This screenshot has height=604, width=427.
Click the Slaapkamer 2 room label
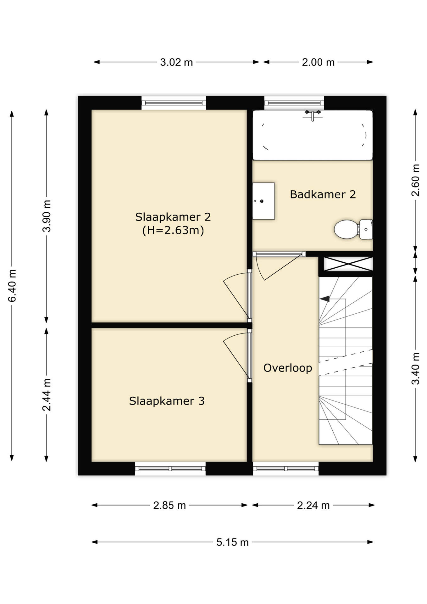click(x=173, y=217)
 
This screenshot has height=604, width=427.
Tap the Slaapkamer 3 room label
click(x=167, y=401)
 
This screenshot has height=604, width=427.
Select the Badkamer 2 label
click(x=323, y=194)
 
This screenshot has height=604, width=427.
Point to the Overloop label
click(x=288, y=368)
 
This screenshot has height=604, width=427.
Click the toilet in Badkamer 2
click(x=353, y=229)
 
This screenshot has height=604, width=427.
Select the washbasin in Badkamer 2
click(x=263, y=201)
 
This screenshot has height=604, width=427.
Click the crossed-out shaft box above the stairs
click(x=348, y=264)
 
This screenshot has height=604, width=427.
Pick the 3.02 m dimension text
click(x=176, y=62)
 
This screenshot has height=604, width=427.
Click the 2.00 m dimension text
click(x=318, y=62)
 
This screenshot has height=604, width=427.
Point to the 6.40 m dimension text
click(x=12, y=286)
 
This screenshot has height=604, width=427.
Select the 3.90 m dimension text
click(x=47, y=216)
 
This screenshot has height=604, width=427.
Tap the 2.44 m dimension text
click(x=47, y=395)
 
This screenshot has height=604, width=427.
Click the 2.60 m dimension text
click(x=415, y=180)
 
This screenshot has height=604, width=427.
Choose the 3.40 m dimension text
click(x=415, y=368)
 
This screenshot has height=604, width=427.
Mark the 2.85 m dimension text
click(x=169, y=506)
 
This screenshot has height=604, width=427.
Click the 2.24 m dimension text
click(x=313, y=506)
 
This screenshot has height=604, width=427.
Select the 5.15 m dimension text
click(x=232, y=542)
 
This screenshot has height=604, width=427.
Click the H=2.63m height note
click(x=173, y=230)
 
